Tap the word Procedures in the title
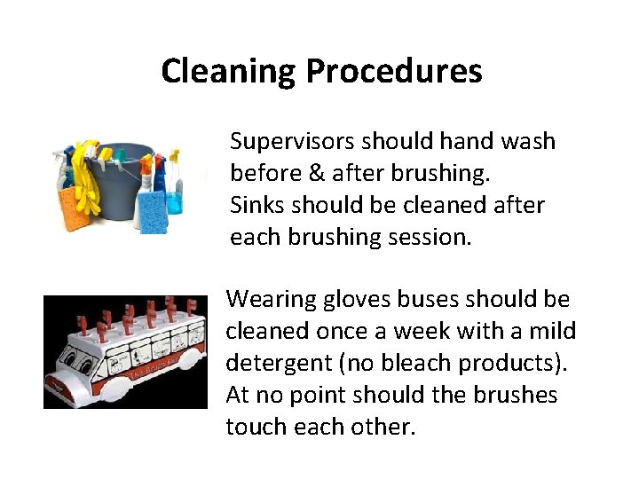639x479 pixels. click(394, 70)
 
